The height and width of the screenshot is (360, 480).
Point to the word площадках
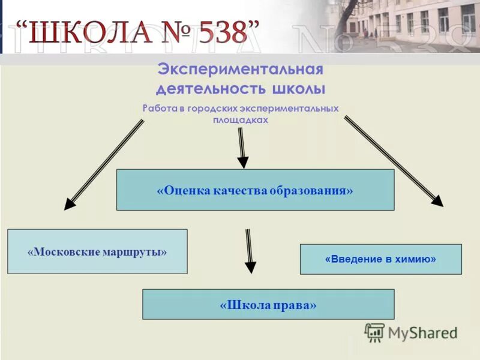pyautogui.click(x=240, y=120)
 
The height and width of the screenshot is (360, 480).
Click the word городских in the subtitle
pyautogui.click(x=213, y=109)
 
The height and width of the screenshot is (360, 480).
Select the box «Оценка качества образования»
pyautogui.click(x=255, y=190)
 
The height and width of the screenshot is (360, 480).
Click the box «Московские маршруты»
pyautogui.click(x=97, y=251)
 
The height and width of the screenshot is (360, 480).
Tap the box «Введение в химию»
pyautogui.click(x=380, y=259)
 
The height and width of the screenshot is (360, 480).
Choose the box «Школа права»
pyautogui.click(x=268, y=304)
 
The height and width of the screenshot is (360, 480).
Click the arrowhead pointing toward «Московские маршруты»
pyautogui.click(x=71, y=202)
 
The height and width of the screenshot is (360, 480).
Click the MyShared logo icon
pyautogui.click(x=375, y=332)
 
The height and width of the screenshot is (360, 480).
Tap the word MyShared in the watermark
pyautogui.click(x=422, y=332)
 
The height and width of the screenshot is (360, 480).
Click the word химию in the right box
pyautogui.click(x=418, y=259)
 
